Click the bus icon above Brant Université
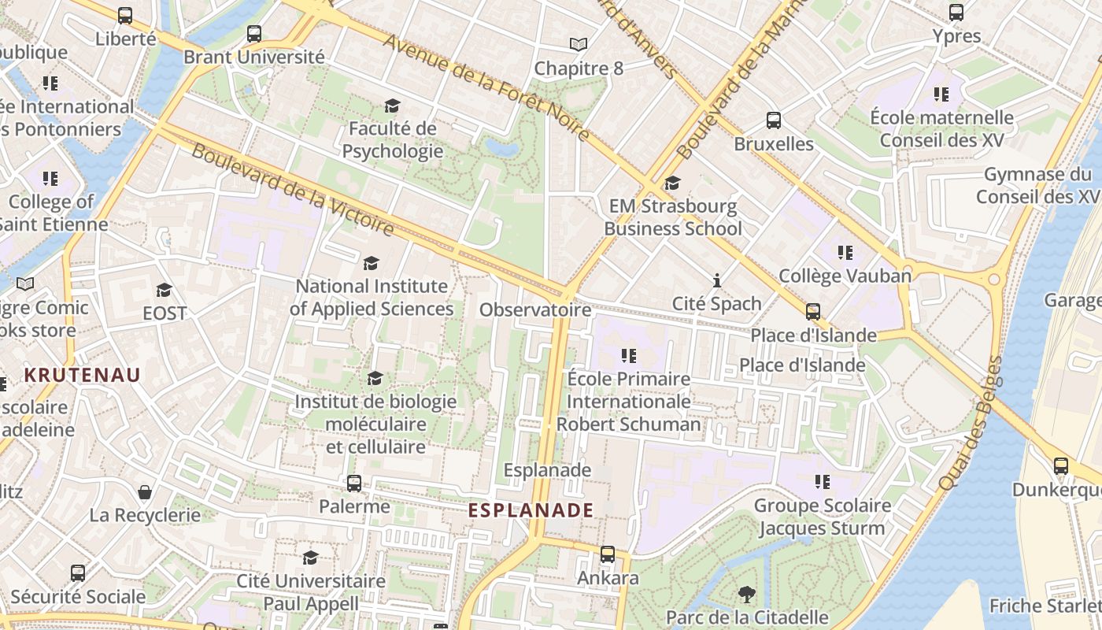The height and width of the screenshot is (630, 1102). click(253, 34)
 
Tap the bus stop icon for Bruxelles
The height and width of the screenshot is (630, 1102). click(774, 120)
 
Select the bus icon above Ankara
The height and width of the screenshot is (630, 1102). click(607, 554)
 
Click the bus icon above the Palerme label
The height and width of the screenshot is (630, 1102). click(354, 483)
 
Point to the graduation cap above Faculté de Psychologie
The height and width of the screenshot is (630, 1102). click(391, 106)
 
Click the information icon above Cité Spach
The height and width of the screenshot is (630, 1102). click(716, 280)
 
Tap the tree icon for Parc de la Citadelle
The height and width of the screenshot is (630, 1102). click(746, 595)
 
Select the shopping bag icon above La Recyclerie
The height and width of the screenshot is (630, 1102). click(145, 492)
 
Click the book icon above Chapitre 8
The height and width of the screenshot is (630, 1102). click(579, 46)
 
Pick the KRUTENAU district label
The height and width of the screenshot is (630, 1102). click(82, 375)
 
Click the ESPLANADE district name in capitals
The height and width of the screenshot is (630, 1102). click(531, 510)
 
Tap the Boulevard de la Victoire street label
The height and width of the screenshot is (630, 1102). click(292, 190)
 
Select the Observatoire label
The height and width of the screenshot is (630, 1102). click(535, 309)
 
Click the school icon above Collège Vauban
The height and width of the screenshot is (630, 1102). click(845, 253)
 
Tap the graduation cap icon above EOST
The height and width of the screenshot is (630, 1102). click(164, 291)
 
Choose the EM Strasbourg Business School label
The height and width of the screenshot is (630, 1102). click(673, 217)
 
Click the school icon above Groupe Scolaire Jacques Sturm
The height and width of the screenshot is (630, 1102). click(823, 481)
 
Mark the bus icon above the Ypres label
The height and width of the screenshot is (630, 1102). click(956, 13)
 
